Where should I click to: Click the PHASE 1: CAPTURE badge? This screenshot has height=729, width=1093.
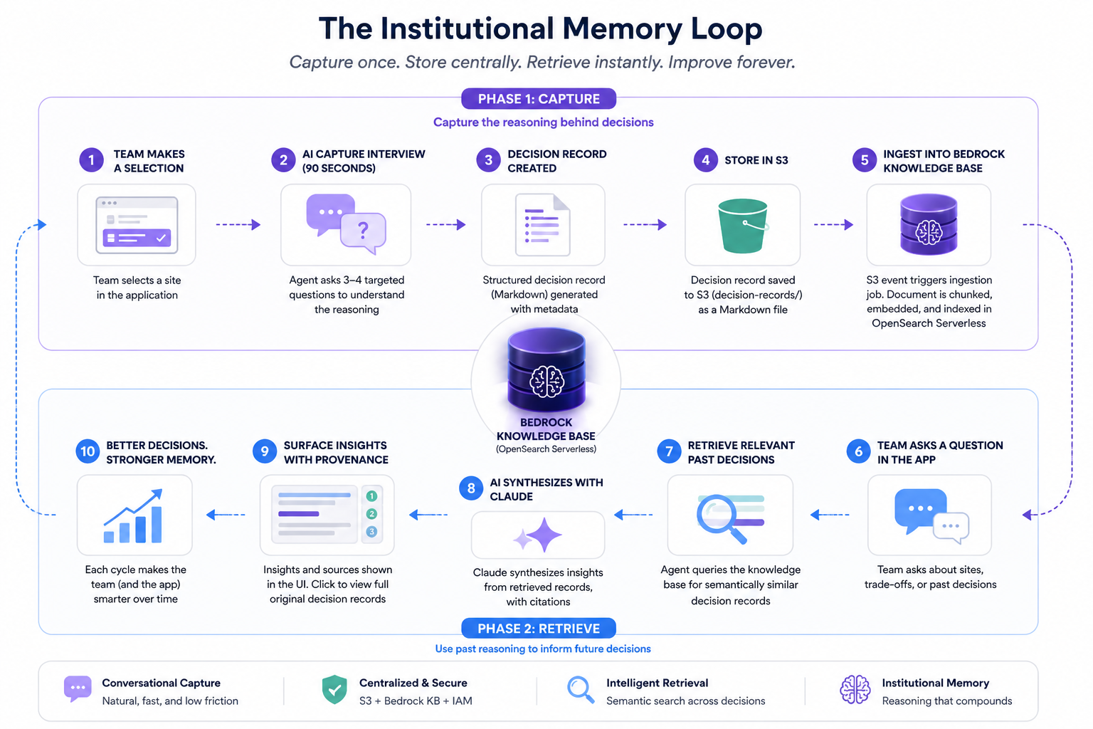coord(539,99)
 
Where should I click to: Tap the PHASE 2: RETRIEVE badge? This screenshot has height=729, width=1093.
coord(539,629)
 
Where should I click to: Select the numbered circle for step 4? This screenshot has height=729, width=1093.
coord(705,160)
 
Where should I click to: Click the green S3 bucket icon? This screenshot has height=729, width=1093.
coord(742,226)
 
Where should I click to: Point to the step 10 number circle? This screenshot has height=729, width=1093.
coord(88,451)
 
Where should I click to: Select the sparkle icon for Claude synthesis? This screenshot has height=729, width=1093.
coord(539,535)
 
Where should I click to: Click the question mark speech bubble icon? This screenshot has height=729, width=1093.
coord(346,224)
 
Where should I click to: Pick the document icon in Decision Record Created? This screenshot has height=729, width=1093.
coord(542,224)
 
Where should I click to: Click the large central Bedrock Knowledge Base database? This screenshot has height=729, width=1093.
coord(546,370)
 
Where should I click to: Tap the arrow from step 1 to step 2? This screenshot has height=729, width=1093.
coord(238,225)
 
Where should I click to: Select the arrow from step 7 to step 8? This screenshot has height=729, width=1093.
coord(633,515)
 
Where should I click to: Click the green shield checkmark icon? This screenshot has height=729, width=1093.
coord(334,689)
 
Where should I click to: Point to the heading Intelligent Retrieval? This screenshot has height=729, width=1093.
coord(657,683)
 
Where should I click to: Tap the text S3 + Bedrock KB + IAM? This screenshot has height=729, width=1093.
coord(416,701)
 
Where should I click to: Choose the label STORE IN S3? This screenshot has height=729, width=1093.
coord(756,160)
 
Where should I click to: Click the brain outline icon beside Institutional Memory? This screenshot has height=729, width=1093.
coord(855,690)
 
